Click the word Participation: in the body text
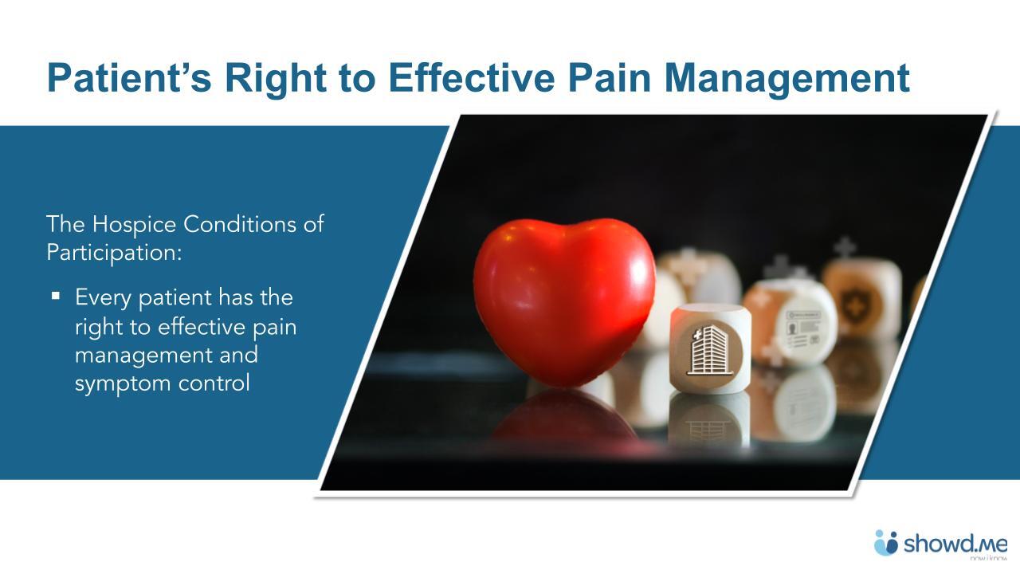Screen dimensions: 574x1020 pyautogui.click(x=114, y=253)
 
